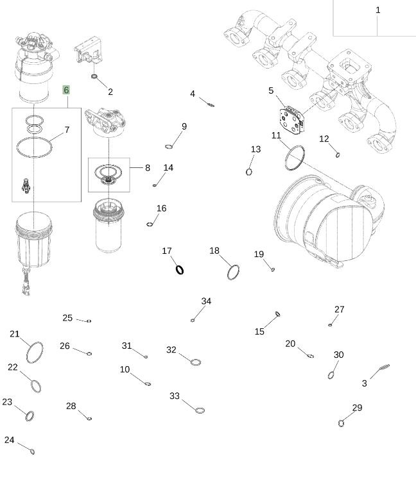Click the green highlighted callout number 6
point(66,90)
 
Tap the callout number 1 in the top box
point(378,10)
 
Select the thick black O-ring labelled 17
point(180,270)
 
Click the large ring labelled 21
point(35,351)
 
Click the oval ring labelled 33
point(200,410)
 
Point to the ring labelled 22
point(35,386)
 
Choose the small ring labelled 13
point(249,171)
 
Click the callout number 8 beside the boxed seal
point(147,168)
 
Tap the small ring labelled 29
point(342,423)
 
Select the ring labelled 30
point(331,375)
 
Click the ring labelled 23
point(30,417)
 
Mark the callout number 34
point(206,301)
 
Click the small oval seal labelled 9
point(169,146)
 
